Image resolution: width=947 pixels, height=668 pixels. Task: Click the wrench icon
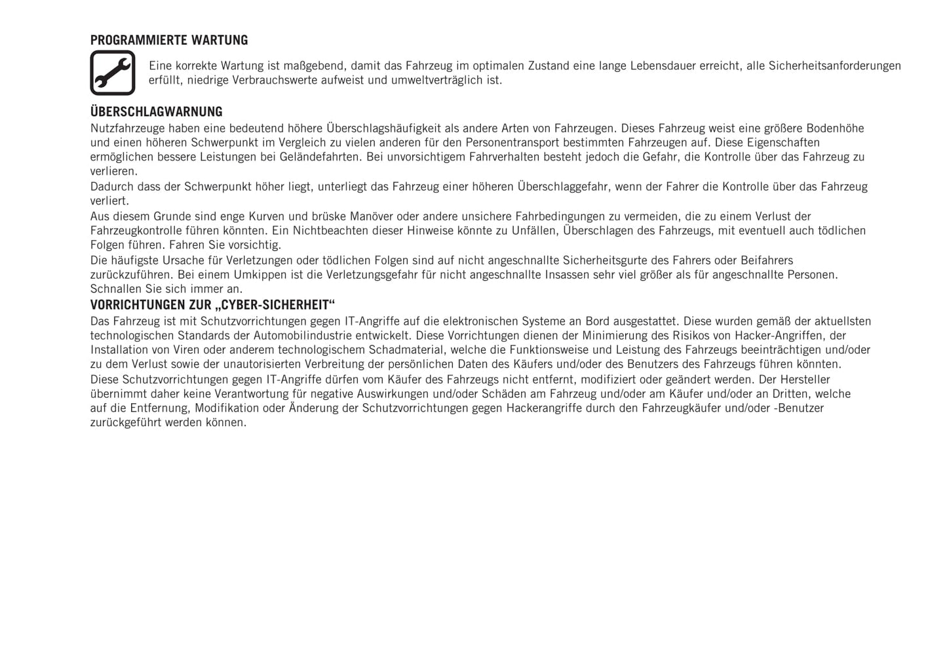(113, 73)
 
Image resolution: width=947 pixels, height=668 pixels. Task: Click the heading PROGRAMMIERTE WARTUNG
(169, 41)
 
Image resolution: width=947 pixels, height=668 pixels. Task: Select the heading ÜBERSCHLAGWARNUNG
(156, 112)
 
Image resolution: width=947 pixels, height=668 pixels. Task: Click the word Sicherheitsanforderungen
(834, 66)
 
